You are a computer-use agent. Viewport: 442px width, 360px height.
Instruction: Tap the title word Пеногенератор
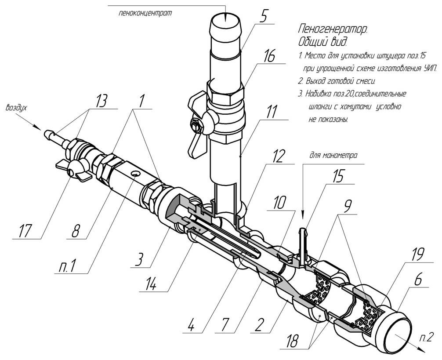[x=332, y=30]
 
